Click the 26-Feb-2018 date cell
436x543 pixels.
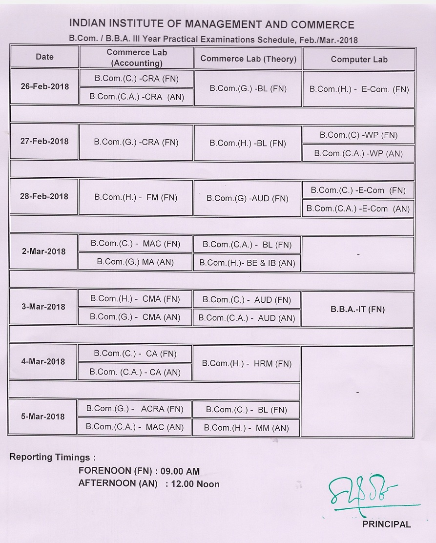[x=45, y=86]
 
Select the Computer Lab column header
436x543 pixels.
[x=359, y=59]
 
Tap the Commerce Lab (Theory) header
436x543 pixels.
[x=248, y=59]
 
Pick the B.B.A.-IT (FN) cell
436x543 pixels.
[x=357, y=309]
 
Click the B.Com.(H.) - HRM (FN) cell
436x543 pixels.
[x=247, y=363]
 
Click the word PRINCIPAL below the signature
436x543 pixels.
[x=386, y=524]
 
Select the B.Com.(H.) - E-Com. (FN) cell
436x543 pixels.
[x=359, y=89]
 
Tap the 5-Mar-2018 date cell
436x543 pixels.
[x=43, y=417]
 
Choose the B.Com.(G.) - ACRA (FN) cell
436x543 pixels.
[x=135, y=409]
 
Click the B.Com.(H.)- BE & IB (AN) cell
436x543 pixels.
[x=247, y=263]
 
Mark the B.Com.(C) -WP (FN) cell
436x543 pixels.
[x=358, y=135]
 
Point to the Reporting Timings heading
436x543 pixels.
[x=52, y=457]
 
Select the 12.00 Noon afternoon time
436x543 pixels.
[x=193, y=484]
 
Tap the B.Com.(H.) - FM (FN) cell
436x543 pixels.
[x=136, y=198]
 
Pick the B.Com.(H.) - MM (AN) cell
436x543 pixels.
[x=247, y=428]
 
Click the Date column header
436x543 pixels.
[x=44, y=57]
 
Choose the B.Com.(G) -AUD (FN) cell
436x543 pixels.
[x=247, y=198]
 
